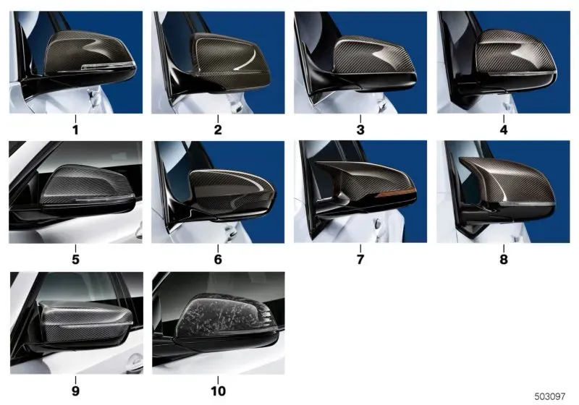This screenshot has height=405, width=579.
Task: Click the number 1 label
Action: click(x=76, y=130)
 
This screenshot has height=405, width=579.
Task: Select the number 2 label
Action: click(x=218, y=130)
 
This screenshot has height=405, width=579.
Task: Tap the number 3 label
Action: click(x=360, y=130)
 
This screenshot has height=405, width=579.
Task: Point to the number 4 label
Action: click(x=504, y=130)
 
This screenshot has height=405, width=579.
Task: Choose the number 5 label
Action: click(x=76, y=260)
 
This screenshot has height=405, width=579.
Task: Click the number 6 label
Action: click(x=218, y=260)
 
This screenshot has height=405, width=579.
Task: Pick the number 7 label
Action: click(x=360, y=260)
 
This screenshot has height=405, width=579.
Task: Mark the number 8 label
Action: click(x=504, y=260)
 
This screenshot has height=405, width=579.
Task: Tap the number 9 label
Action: click(x=76, y=391)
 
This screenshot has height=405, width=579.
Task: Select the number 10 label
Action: click(x=218, y=391)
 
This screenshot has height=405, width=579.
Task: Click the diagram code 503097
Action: click(x=550, y=396)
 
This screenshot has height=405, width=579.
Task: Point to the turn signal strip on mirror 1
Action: click(x=108, y=66)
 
